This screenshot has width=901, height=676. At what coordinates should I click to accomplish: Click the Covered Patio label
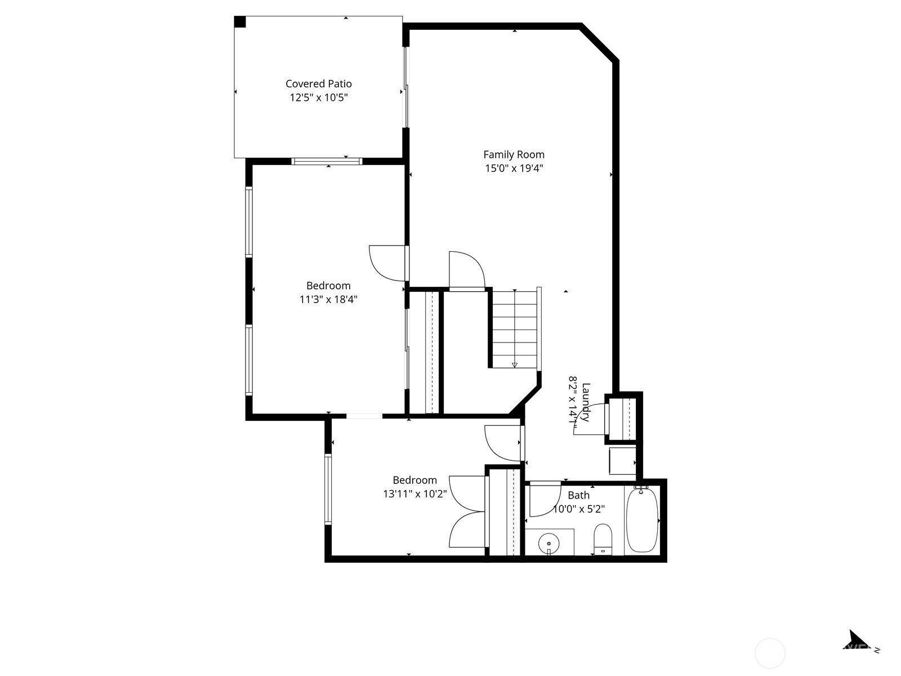tap(318, 83)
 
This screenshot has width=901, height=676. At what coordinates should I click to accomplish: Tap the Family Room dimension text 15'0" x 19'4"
tap(514, 168)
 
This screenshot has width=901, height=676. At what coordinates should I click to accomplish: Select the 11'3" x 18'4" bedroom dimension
tap(328, 299)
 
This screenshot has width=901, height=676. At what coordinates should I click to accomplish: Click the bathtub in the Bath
tap(642, 520)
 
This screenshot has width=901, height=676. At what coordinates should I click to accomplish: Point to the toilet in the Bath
tap(603, 539)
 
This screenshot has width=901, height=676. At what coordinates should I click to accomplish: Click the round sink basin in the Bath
tap(548, 544)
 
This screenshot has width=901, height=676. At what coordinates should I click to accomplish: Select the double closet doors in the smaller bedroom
tap(467, 512)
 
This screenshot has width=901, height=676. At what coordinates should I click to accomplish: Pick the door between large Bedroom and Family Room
tap(387, 263)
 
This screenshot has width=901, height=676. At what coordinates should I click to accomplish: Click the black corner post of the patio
tap(240, 21)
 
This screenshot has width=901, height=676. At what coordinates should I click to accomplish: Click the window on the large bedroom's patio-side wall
tap(327, 162)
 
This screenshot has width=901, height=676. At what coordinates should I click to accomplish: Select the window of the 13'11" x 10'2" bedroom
tap(328, 489)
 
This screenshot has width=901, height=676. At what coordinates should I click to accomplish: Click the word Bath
tap(578, 495)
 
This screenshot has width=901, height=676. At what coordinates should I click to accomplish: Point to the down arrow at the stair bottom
tap(514, 365)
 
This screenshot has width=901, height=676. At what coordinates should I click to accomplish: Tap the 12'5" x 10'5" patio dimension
tap(318, 97)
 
